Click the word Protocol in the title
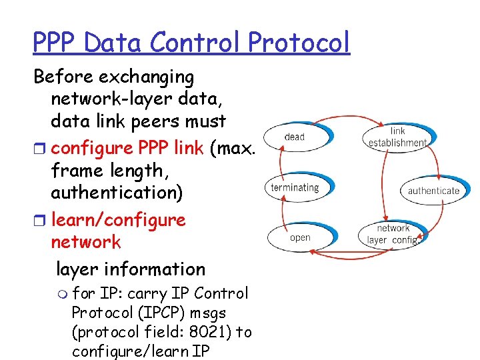pyautogui.click(x=299, y=43)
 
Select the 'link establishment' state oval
pyautogui.click(x=397, y=137)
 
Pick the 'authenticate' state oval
pyautogui.click(x=433, y=190)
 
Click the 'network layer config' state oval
pyautogui.click(x=393, y=234)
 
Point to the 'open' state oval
pyautogui.click(x=300, y=237)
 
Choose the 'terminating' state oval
pyautogui.click(x=295, y=187)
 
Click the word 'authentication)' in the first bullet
pyautogui.click(x=120, y=193)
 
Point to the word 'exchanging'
pyautogui.click(x=148, y=77)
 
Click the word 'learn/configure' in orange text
pyautogui.click(x=118, y=220)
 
